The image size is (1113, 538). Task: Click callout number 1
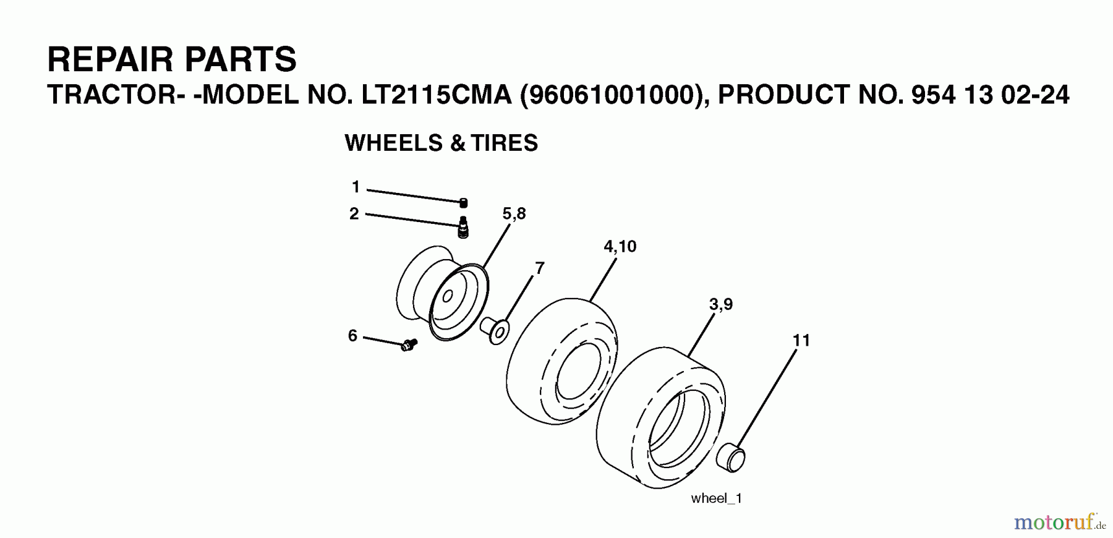[x=356, y=187]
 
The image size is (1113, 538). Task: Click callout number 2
[x=354, y=214]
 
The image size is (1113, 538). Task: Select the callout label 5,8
[x=514, y=214]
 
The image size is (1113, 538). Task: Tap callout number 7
[x=539, y=268]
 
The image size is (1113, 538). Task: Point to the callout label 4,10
[x=620, y=247]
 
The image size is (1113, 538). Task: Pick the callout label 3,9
[x=720, y=304]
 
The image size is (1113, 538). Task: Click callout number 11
[x=801, y=340]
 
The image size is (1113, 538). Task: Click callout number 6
[x=352, y=336]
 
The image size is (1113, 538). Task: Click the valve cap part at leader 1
[x=463, y=203]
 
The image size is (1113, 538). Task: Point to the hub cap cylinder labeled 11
[x=731, y=458]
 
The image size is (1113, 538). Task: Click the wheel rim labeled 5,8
[x=442, y=294]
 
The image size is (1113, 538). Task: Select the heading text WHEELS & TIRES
[x=441, y=143]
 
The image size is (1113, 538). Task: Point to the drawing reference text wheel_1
[x=716, y=498]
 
